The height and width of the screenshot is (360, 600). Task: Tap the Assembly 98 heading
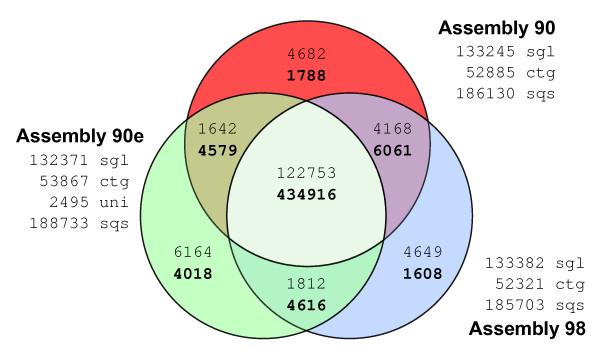[527, 327]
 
